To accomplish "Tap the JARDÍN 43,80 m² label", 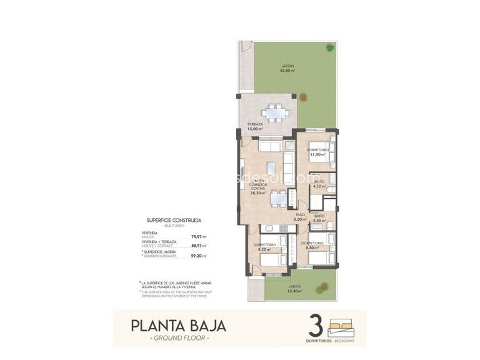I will (x=287, y=68).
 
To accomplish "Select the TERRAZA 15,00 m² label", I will (x=254, y=127).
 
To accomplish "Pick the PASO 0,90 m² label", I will (x=301, y=217).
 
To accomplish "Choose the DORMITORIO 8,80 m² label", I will (x=312, y=246).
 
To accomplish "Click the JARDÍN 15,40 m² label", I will (x=295, y=289).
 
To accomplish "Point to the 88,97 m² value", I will (x=198, y=246).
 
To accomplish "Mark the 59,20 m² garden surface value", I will (x=198, y=256).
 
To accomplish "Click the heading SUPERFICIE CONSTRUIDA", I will (x=174, y=221).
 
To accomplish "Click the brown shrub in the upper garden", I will (x=303, y=97).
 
